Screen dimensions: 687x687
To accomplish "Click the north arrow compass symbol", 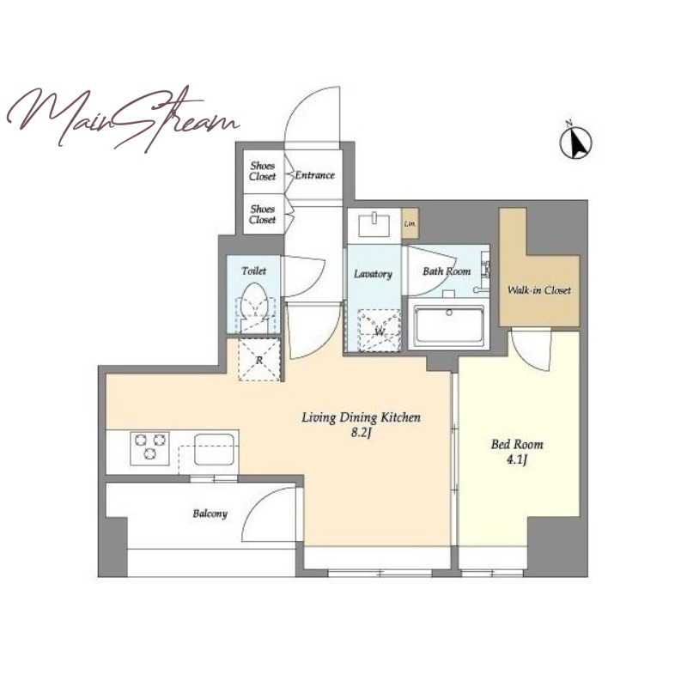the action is (575, 141).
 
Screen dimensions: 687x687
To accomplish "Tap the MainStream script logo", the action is (123, 118).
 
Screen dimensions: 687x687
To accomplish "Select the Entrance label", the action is (314, 175).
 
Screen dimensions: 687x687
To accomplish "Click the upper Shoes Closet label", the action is (263, 171).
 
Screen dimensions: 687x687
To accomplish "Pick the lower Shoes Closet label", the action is (263, 214).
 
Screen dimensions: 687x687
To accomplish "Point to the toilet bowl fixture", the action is (254, 307).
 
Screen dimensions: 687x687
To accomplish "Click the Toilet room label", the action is (253, 271).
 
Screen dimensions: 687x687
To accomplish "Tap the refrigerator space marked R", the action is (259, 360).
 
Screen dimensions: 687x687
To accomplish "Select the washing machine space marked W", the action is (379, 330).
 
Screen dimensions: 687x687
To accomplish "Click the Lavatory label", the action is (373, 274).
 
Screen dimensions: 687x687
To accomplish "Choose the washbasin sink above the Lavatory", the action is (374, 224).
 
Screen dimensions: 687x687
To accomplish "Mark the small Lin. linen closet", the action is (410, 223).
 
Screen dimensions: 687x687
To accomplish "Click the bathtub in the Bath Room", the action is (449, 325).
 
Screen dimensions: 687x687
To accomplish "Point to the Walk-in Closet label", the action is (539, 290).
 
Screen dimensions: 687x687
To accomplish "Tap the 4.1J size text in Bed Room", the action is (517, 459).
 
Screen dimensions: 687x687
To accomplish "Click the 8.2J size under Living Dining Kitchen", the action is (361, 433).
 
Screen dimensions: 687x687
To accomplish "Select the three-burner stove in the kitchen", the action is (149, 448).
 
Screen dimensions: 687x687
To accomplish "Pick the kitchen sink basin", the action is (214, 449).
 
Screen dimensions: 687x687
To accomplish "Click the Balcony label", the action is (210, 514).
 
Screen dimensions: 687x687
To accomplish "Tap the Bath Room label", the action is (447, 271).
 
